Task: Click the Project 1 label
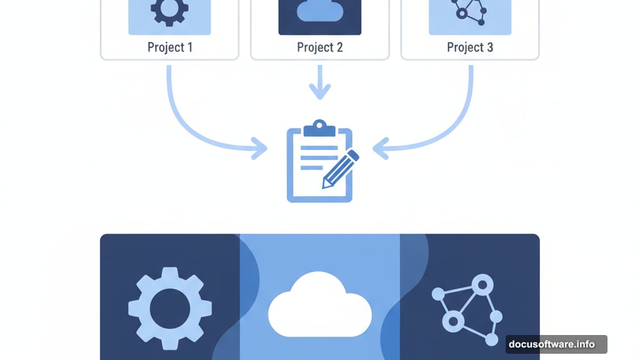coord(169,47)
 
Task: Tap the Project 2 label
coord(319,47)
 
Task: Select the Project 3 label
coord(470,47)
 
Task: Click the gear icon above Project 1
coord(169,12)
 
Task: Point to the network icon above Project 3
coord(470,11)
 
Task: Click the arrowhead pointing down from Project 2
coord(319,92)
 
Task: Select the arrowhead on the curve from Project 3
coord(379,149)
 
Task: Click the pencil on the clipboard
coord(340,168)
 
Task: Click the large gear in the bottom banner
coord(170,308)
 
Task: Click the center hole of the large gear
coord(170,308)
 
